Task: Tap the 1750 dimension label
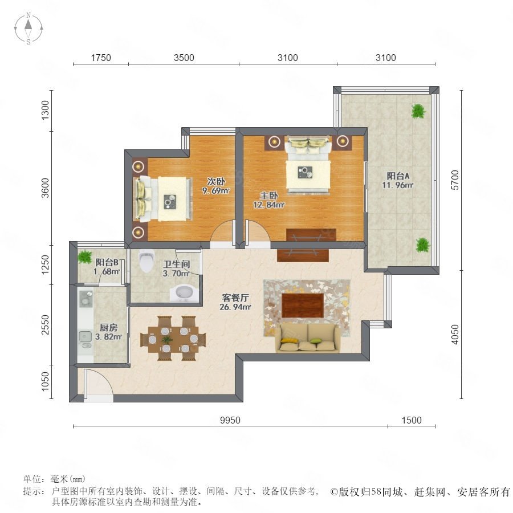coord(101,58)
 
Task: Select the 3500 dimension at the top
coord(184,58)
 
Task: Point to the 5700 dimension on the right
coord(455,180)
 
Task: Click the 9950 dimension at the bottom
coord(230,420)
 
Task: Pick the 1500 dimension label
coord(412,420)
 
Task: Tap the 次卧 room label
coord(216,181)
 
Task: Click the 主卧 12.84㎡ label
coord(268,200)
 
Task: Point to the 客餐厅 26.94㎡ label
coord(235,302)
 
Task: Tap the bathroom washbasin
coord(182,293)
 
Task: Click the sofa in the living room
coord(308,338)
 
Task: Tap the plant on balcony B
coord(85,256)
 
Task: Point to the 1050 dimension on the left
coord(45,381)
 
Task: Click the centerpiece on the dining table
coord(167,339)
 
